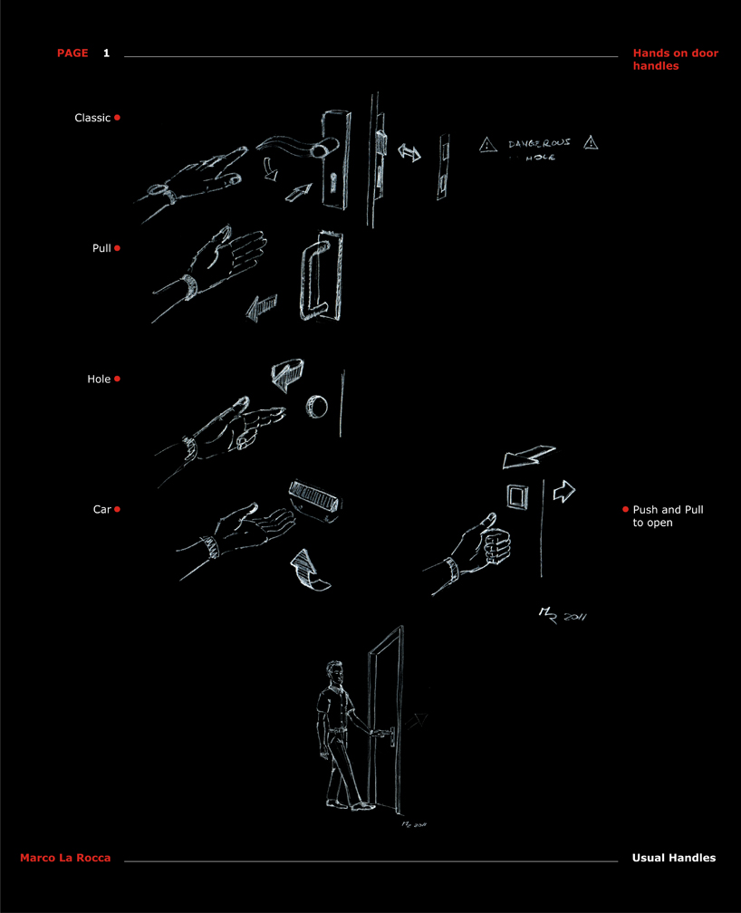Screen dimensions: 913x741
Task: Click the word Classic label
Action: pyautogui.click(x=92, y=118)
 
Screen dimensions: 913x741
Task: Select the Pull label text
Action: pyautogui.click(x=101, y=248)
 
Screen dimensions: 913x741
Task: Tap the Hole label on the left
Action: pyautogui.click(x=99, y=380)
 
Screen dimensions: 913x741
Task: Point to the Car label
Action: pyautogui.click(x=101, y=510)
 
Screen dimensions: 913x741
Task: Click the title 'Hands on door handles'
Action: pyautogui.click(x=675, y=60)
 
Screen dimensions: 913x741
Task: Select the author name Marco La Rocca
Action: pyautogui.click(x=65, y=858)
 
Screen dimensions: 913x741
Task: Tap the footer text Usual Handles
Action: pyautogui.click(x=673, y=858)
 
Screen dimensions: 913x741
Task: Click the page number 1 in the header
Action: pyautogui.click(x=106, y=53)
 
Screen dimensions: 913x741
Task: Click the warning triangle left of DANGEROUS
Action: pyautogui.click(x=488, y=143)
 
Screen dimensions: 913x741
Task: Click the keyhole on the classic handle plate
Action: pyautogui.click(x=332, y=182)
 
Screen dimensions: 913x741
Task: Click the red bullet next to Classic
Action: pyautogui.click(x=118, y=118)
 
